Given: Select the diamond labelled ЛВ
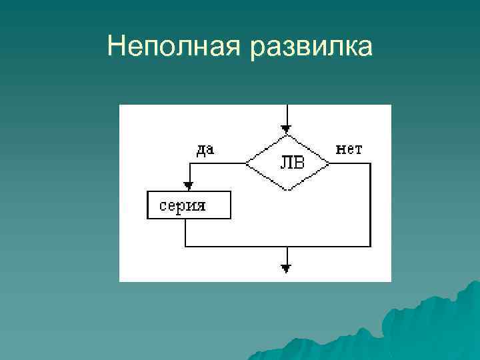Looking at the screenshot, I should coord(287,163).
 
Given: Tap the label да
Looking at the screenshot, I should coord(206,149).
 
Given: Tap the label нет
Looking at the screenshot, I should coord(349,149).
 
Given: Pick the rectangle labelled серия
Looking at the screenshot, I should coord(189,205).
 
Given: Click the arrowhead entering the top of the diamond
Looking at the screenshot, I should coord(287,130).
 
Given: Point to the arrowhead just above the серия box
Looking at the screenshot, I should coord(188,186).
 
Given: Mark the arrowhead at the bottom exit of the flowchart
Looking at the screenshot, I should coord(287,269).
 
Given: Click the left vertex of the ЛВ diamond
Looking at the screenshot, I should coord(245,163).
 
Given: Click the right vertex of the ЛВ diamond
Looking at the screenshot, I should coord(329,163).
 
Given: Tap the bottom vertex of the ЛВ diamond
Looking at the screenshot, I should coord(287,190).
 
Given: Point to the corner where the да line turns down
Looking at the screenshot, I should coord(188,163).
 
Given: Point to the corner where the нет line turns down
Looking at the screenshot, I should coord(370,163).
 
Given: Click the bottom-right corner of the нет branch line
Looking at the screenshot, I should coord(370,245).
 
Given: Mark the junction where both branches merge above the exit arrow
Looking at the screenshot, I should coord(287,245).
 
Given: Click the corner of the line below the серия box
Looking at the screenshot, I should coord(185,245).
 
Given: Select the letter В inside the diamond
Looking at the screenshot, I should coord(296,163).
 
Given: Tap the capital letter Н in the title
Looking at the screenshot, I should coord(115,47).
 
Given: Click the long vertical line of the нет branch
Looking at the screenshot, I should coord(370,203).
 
